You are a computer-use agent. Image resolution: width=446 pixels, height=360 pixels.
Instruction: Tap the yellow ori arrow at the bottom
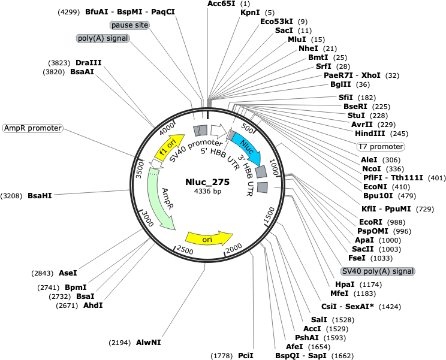[209, 238]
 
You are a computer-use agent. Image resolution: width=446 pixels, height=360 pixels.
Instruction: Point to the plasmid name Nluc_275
[207, 182]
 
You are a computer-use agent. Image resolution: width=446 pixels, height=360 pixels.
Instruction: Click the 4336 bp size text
[207, 191]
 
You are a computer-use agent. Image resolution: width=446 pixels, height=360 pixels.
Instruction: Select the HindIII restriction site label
[370, 133]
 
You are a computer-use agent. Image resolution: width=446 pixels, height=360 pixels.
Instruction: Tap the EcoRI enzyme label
[370, 222]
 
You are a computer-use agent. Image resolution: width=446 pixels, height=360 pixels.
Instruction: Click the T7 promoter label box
[381, 147]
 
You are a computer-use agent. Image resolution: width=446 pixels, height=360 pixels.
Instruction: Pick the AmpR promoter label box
[33, 128]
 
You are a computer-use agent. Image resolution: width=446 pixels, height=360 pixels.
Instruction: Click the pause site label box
[129, 25]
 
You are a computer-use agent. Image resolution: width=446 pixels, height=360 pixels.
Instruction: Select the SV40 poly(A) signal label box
[378, 271]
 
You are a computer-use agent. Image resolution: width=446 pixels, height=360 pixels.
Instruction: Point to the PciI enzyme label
[246, 355]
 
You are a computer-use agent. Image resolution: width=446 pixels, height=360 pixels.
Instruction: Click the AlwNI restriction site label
[149, 343]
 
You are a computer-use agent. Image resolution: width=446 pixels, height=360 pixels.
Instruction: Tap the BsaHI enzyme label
[40, 195]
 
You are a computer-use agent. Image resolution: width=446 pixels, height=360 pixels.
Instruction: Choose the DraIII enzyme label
[89, 62]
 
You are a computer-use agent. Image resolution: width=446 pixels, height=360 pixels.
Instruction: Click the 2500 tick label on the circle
[185, 249]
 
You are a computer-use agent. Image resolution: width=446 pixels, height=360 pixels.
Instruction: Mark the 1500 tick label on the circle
[269, 215]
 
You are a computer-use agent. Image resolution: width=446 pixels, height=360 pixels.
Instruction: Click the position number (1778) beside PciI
[222, 356]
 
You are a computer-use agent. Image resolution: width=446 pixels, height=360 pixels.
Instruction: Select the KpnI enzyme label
[250, 13]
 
